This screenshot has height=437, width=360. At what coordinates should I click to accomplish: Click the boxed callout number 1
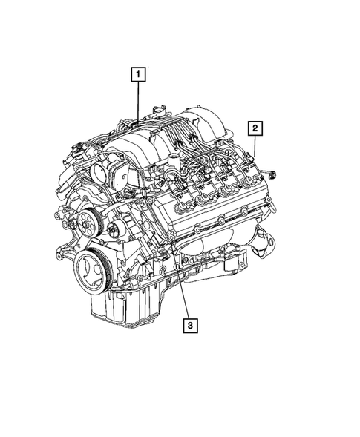[x=137, y=74]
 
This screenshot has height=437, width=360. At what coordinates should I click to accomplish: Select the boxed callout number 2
[x=255, y=129]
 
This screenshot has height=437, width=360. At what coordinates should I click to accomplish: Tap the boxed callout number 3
[x=192, y=325]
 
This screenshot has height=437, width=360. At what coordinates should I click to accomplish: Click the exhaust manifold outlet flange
[x=265, y=245]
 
